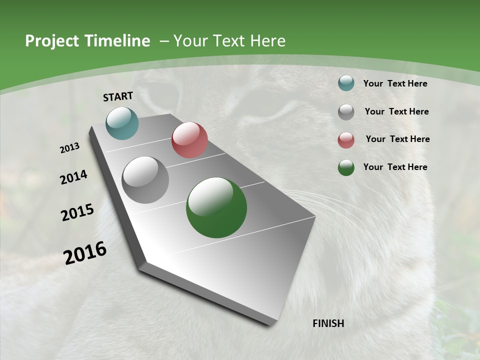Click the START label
[x=118, y=96]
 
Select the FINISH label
[x=328, y=323]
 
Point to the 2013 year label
[x=70, y=148]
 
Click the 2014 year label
[x=74, y=177]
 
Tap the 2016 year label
[x=85, y=252]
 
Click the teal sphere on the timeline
[x=122, y=123]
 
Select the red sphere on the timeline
[x=189, y=140]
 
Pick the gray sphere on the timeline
[x=145, y=180]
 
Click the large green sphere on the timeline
[x=216, y=207]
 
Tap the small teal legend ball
[x=346, y=83]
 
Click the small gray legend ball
[x=346, y=112]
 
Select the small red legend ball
[x=346, y=140]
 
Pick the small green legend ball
[x=346, y=167]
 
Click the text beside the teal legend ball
[x=395, y=83]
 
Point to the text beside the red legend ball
[x=397, y=139]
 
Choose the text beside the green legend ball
[x=395, y=167]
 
